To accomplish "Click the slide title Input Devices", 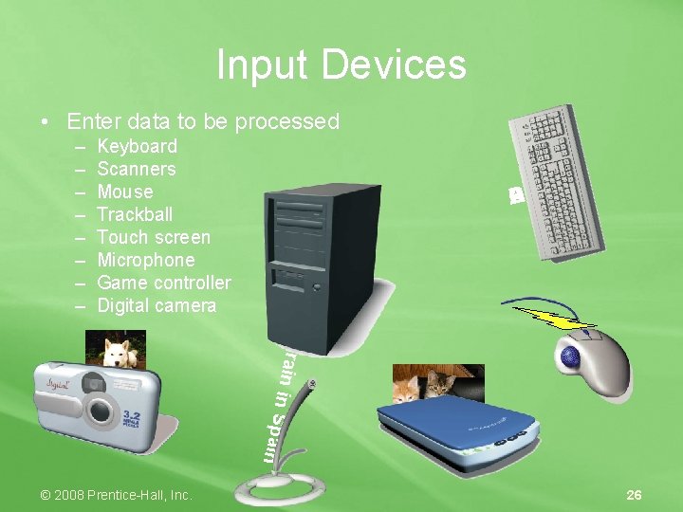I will (341, 65).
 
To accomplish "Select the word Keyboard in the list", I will (138, 146).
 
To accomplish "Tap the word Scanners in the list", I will (137, 169).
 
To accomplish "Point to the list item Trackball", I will (135, 214).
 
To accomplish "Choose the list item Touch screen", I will (154, 237).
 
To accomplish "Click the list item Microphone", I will (146, 260).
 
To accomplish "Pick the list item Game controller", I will (164, 283).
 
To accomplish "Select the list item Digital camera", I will (157, 305).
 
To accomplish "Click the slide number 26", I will (635, 495).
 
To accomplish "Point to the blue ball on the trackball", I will (572, 358).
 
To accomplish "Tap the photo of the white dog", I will (116, 348).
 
